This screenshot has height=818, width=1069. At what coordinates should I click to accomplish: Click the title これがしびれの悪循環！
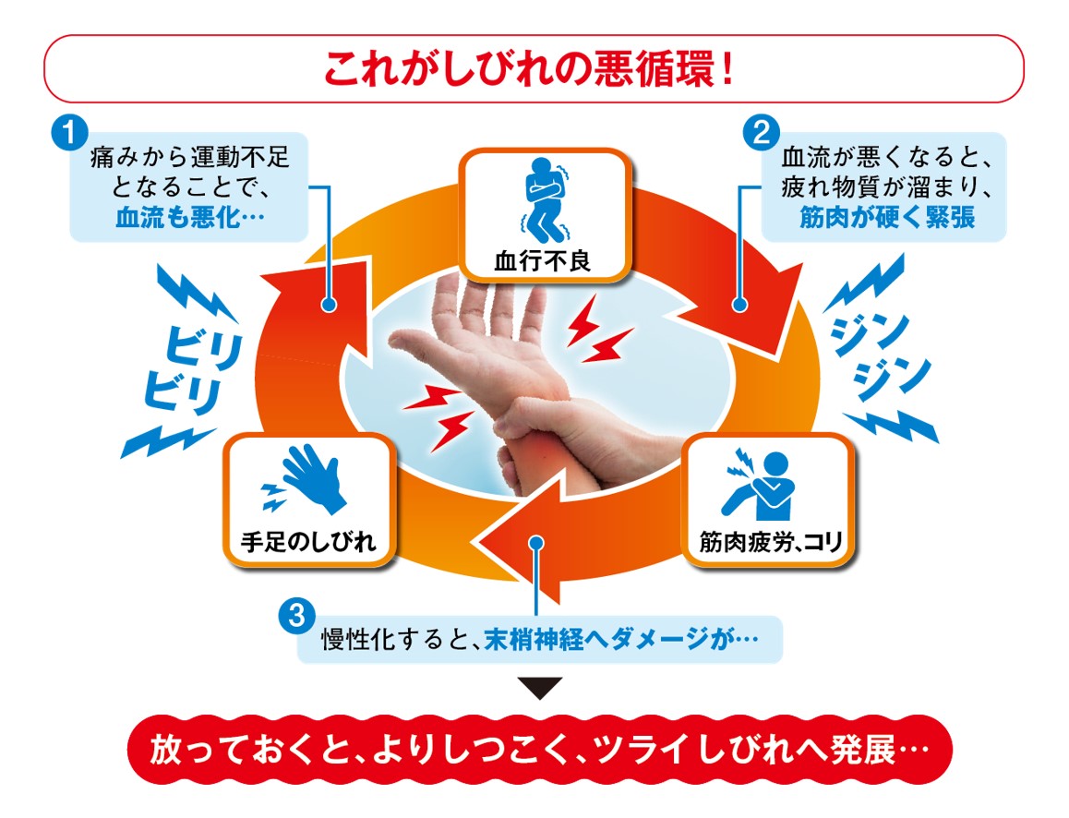[534, 68]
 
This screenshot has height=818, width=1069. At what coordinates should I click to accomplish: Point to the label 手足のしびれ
[307, 542]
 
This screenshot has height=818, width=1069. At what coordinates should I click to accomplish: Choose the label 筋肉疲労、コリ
[765, 543]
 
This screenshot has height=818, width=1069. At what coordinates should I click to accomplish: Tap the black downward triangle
[538, 689]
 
